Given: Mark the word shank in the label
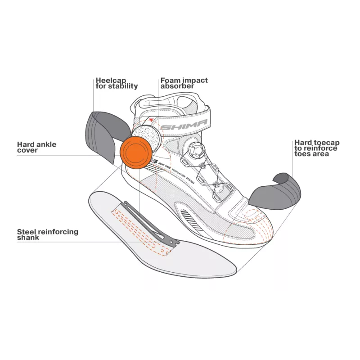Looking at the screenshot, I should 28,238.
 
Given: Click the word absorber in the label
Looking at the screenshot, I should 177,86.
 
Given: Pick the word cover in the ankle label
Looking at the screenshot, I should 27,150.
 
